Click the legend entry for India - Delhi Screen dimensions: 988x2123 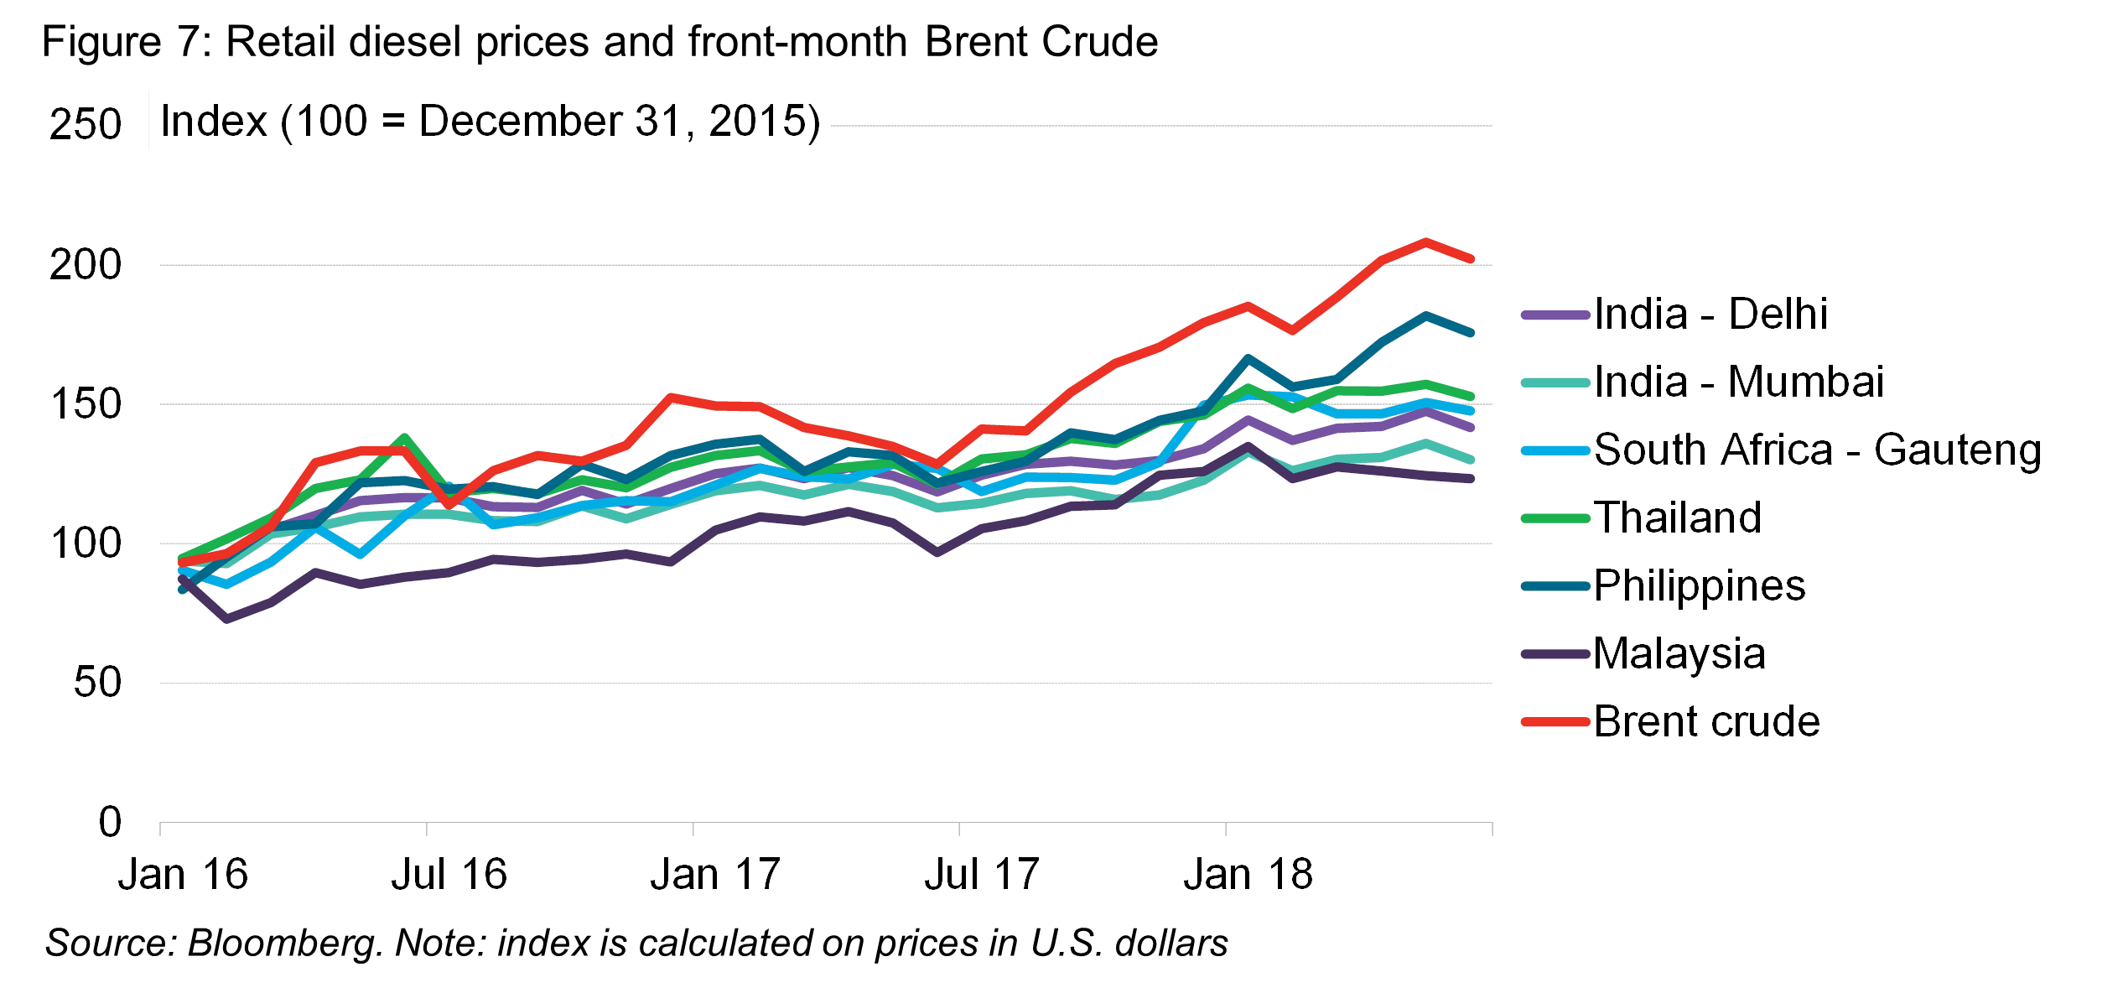click(1710, 315)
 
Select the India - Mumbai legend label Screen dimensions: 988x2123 click(1738, 382)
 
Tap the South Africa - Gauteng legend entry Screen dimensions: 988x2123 click(1817, 450)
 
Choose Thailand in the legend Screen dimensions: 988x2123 click(1677, 517)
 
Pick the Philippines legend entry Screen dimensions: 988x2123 click(1699, 585)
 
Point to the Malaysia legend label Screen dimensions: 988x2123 click(1679, 653)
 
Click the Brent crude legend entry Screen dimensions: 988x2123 click(1706, 721)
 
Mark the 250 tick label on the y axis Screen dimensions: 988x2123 click(86, 125)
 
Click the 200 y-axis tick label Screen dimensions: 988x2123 click(86, 265)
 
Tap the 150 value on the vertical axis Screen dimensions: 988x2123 click(86, 404)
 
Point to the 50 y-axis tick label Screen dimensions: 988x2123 click(97, 683)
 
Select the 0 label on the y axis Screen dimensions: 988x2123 click(110, 822)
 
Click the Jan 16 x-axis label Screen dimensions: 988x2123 click(183, 875)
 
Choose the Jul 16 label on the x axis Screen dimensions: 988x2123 click(449, 875)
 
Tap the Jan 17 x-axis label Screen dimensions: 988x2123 click(715, 875)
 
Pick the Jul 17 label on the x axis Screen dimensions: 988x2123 click(982, 875)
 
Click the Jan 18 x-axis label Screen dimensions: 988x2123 click(1248, 875)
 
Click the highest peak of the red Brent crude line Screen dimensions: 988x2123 click(1425, 242)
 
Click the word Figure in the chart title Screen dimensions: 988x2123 click(101, 42)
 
